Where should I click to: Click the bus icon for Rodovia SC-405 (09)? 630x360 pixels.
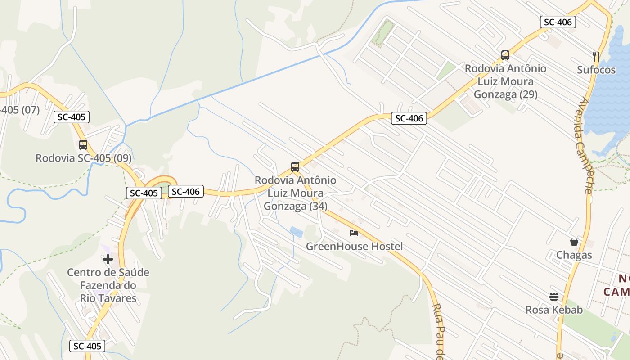click(x=83, y=145)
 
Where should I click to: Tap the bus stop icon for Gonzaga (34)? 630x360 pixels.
click(x=295, y=167)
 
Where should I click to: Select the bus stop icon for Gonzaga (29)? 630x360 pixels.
click(x=505, y=55)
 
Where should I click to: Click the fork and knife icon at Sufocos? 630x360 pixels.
click(x=596, y=57)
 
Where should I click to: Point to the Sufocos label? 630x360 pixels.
click(x=596, y=70)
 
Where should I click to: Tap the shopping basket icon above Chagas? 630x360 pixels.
click(x=574, y=242)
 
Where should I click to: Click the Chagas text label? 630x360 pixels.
click(x=574, y=256)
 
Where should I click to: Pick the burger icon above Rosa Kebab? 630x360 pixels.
click(x=554, y=297)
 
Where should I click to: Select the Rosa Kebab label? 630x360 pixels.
click(x=554, y=310)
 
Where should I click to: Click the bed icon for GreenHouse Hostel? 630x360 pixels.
click(x=354, y=233)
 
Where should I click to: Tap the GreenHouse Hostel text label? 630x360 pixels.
click(x=354, y=247)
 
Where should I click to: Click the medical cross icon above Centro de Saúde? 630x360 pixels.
click(x=108, y=259)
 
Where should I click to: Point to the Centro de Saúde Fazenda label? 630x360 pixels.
click(x=108, y=279)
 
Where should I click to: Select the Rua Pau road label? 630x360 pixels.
click(x=437, y=331)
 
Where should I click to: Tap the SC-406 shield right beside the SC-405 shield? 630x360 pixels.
click(x=186, y=192)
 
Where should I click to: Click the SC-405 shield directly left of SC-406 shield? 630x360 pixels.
click(x=144, y=193)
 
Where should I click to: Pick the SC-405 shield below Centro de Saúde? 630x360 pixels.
click(x=88, y=346)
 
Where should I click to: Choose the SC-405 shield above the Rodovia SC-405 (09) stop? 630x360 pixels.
click(x=72, y=117)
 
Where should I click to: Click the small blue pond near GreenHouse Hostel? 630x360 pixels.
click(x=297, y=232)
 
